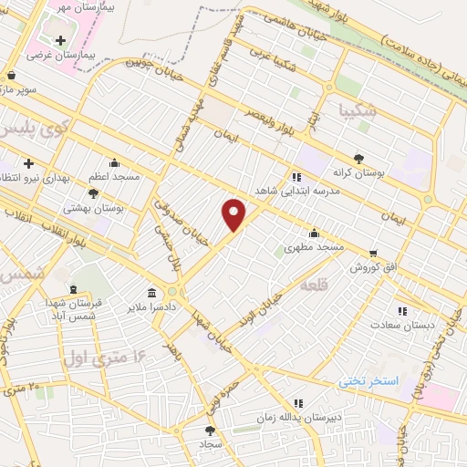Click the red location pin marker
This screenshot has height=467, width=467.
tap(234, 215)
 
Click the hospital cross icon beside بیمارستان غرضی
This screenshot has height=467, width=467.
tap(61, 40)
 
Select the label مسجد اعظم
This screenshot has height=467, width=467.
tap(115, 176)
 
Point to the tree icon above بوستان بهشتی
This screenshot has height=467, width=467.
tap(93, 192)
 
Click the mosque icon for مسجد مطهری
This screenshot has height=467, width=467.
tap(315, 232)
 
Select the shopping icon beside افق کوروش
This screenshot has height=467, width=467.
tap(372, 253)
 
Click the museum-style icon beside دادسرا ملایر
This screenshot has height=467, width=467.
tap(150, 295)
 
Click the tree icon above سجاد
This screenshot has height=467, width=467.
tap(212, 429)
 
